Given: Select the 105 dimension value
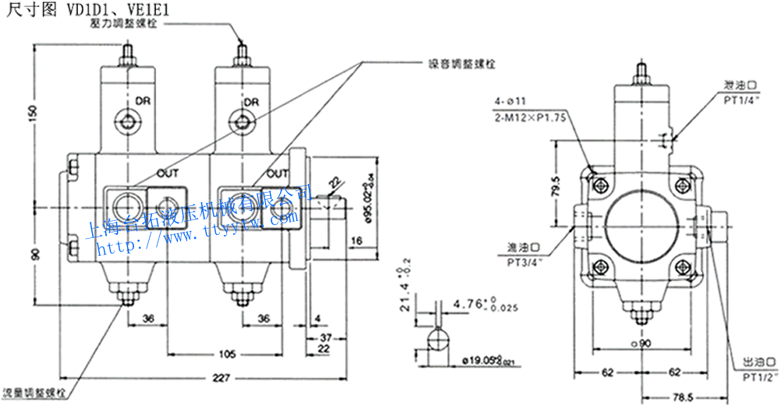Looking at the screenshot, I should coord(227,353).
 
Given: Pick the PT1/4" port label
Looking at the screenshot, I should coord(741,101).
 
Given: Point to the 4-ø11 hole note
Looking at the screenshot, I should coord(512,101).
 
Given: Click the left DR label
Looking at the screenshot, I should coord(143,101).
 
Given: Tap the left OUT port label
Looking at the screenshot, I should coord(168,172).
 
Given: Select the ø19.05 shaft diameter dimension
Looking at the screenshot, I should coord(489,360).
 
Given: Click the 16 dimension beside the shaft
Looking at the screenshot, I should coord(355,241).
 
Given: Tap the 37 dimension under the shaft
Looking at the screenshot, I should coord(325,336).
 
